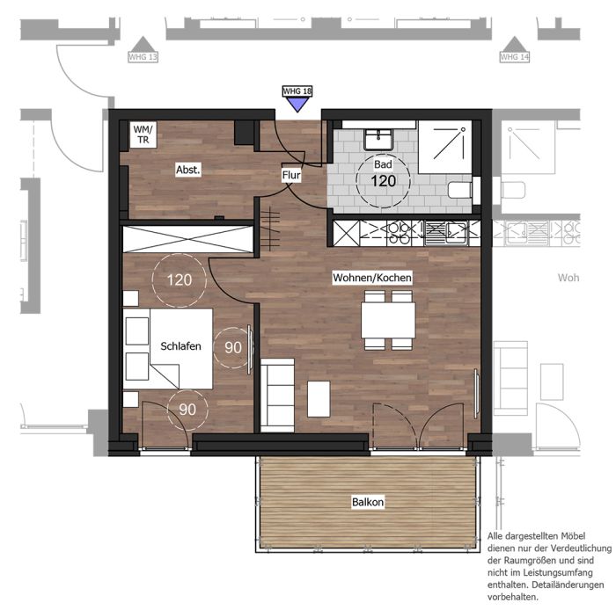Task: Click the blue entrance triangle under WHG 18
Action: point(297,104)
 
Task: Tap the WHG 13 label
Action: point(143,57)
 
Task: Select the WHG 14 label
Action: point(515,57)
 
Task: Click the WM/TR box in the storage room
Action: point(143,134)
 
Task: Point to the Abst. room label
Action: point(187,170)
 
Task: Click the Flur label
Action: point(291,175)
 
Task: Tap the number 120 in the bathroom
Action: point(384,181)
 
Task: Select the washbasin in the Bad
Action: point(378,140)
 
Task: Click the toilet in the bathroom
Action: point(460,190)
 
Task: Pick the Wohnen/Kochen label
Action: point(372,278)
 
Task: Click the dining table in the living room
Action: point(388,320)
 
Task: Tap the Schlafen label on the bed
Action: point(180,346)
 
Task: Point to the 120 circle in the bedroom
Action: point(180,280)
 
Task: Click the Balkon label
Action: point(368,502)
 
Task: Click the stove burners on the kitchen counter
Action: point(399,233)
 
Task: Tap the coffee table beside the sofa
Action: point(319,398)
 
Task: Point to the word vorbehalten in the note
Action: point(512,597)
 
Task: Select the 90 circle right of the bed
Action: point(233,347)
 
